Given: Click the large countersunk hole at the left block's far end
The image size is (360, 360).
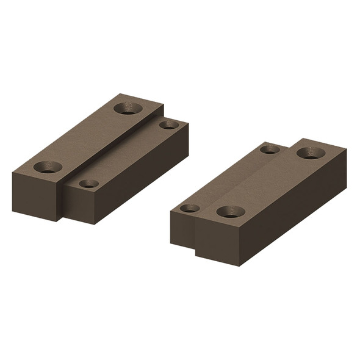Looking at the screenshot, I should pos(128,109).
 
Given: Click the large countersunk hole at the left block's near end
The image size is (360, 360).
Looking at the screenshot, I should pos(48,167).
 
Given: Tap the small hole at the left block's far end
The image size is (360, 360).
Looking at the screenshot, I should pos(169,124).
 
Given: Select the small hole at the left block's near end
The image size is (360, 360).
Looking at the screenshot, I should pos(88,183).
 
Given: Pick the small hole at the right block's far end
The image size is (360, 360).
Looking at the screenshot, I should pos(270,149).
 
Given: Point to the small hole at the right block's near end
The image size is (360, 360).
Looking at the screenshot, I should pos(190,208).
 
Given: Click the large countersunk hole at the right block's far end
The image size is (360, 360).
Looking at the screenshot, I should pos(311,153).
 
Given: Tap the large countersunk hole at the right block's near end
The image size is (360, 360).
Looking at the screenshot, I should pos(231,212).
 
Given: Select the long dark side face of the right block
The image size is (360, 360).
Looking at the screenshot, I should pos(293,207).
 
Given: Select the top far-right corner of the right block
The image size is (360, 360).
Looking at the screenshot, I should pos(346,149).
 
